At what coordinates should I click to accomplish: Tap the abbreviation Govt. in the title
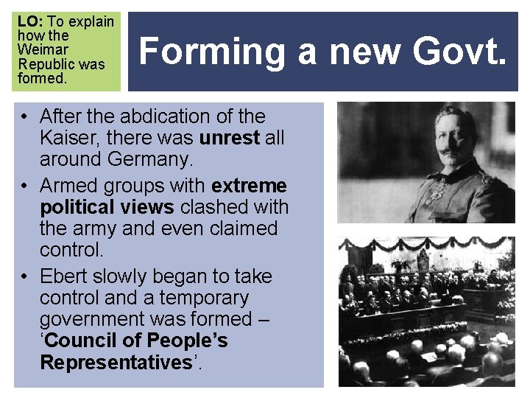(460, 52)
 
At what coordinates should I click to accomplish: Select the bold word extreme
(249, 185)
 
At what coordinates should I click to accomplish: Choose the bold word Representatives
(116, 362)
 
